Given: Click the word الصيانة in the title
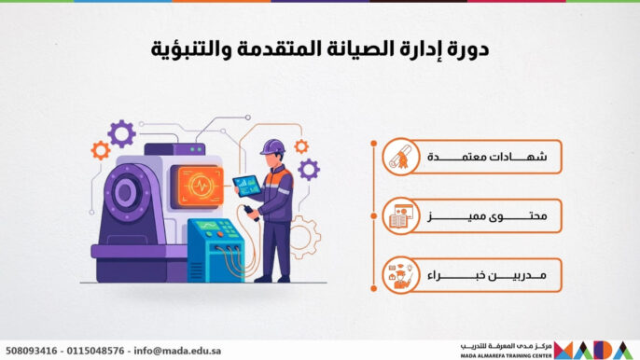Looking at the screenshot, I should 346,48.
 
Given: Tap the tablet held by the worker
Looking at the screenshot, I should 246,184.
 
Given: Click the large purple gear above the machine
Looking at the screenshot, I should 121,133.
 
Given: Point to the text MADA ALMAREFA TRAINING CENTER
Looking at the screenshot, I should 505,354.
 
